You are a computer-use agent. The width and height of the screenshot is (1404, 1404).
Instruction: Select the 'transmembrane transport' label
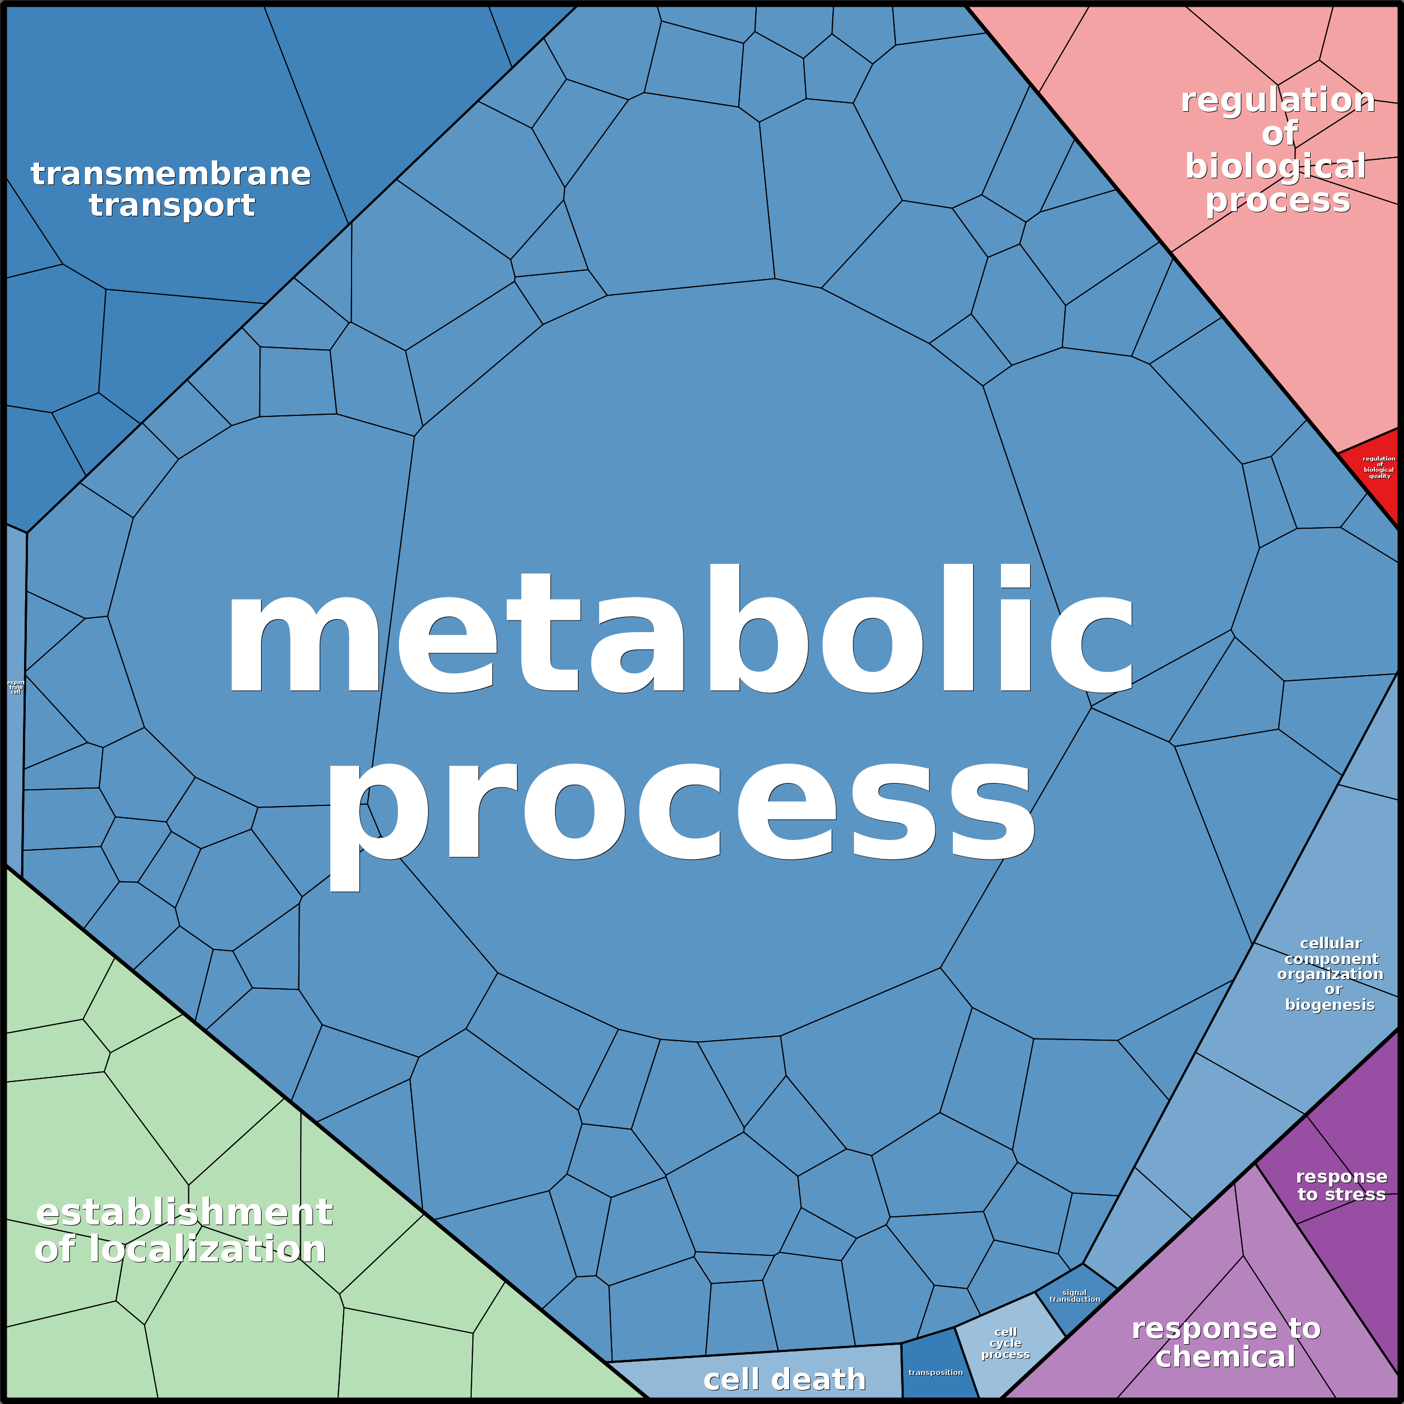171,189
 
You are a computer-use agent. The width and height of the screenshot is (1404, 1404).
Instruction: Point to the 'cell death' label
784,1379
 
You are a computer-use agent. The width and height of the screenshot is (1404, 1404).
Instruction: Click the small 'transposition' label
935,1373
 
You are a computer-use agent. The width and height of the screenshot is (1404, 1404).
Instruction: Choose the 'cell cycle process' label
1005,1343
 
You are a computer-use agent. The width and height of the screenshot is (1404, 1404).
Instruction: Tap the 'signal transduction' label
1074,1296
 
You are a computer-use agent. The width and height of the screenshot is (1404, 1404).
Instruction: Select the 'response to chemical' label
1225,1343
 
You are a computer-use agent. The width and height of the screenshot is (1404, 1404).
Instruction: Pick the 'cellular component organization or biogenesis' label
1330,974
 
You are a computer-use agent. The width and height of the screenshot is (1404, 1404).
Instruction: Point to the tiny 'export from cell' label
15,687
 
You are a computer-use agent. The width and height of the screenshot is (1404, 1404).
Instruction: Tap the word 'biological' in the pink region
1275,167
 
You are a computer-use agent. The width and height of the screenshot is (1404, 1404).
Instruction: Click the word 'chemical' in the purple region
1225,1356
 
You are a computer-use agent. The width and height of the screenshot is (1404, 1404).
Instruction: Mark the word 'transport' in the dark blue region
172,206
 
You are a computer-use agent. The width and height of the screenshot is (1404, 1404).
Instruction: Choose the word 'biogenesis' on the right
1330,1004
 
